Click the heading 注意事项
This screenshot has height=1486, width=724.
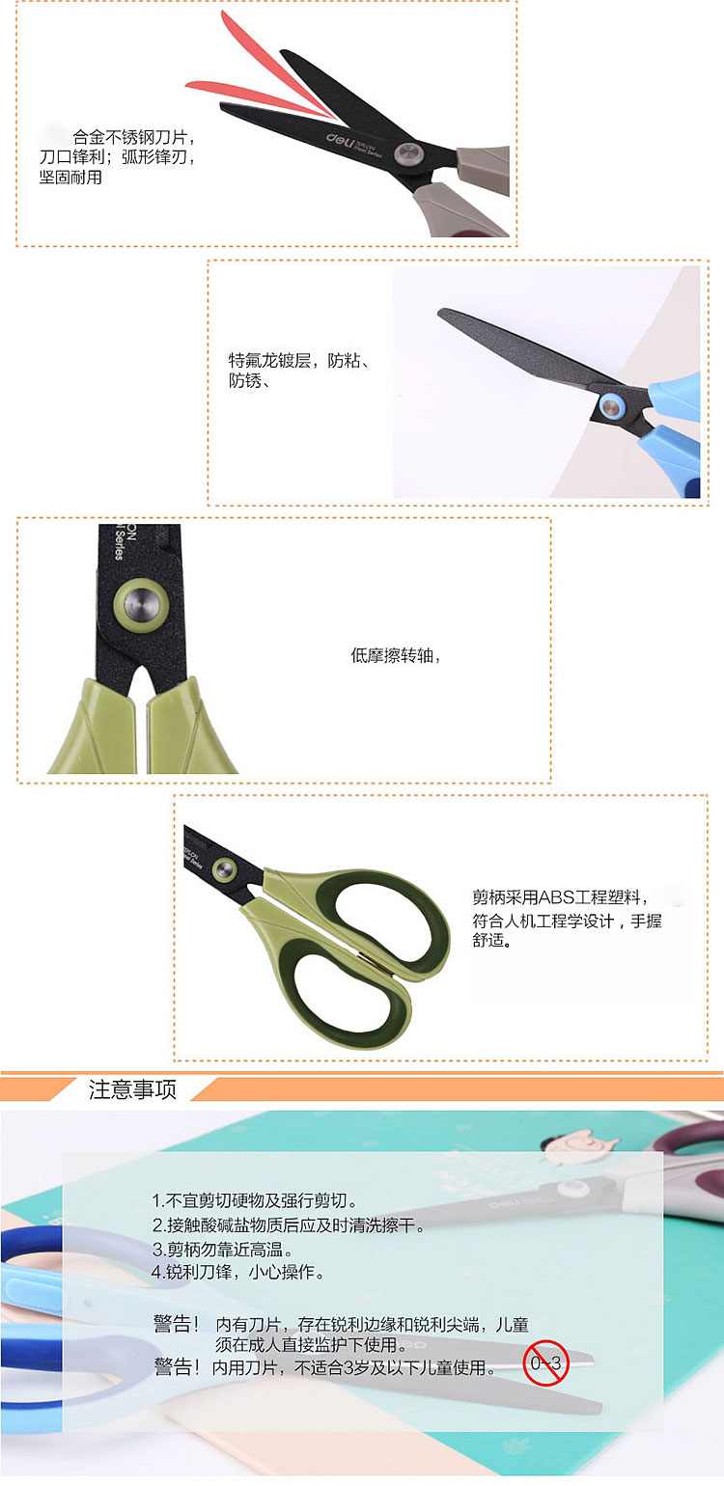132,1089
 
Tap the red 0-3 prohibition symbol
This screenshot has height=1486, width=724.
545,1363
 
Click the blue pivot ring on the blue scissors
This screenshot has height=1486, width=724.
611,405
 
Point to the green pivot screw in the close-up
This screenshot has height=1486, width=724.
140,604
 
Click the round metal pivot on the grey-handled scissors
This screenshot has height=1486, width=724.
406,154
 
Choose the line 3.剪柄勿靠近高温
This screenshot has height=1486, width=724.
222,1250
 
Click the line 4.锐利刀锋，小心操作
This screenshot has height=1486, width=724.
237,1273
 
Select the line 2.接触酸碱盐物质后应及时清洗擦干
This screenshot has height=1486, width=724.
288,1225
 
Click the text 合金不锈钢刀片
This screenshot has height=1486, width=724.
130,137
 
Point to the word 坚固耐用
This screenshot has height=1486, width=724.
70,178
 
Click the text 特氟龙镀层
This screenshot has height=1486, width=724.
269,360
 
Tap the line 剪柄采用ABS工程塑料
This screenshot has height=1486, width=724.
557,897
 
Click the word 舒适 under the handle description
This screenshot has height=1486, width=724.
488,940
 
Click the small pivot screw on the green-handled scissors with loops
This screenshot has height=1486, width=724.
224,867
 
